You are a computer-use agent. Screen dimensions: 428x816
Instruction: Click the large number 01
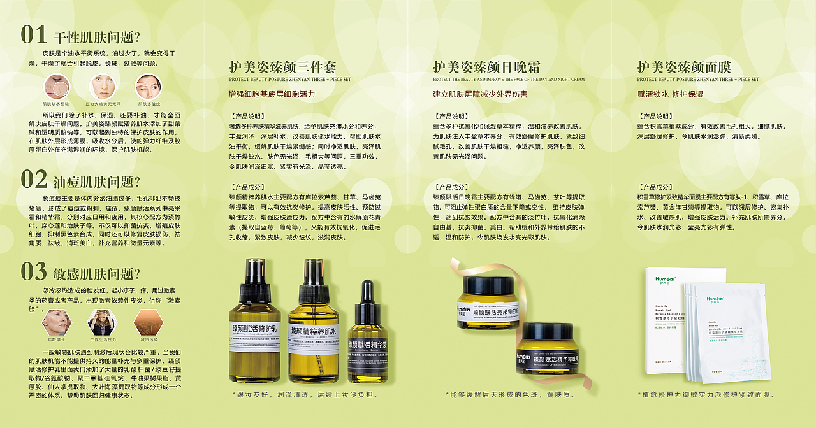coord(34,35)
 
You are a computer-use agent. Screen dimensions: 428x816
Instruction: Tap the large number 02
coord(34,180)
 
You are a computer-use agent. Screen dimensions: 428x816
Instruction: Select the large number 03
coord(34,272)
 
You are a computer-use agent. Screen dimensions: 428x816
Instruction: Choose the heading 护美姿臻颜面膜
coord(684,67)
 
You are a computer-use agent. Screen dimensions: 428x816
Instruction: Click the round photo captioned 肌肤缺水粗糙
coord(56,86)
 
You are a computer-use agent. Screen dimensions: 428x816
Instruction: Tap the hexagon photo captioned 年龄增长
coord(56,322)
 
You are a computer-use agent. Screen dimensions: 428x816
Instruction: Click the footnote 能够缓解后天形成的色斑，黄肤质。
coord(512,395)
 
